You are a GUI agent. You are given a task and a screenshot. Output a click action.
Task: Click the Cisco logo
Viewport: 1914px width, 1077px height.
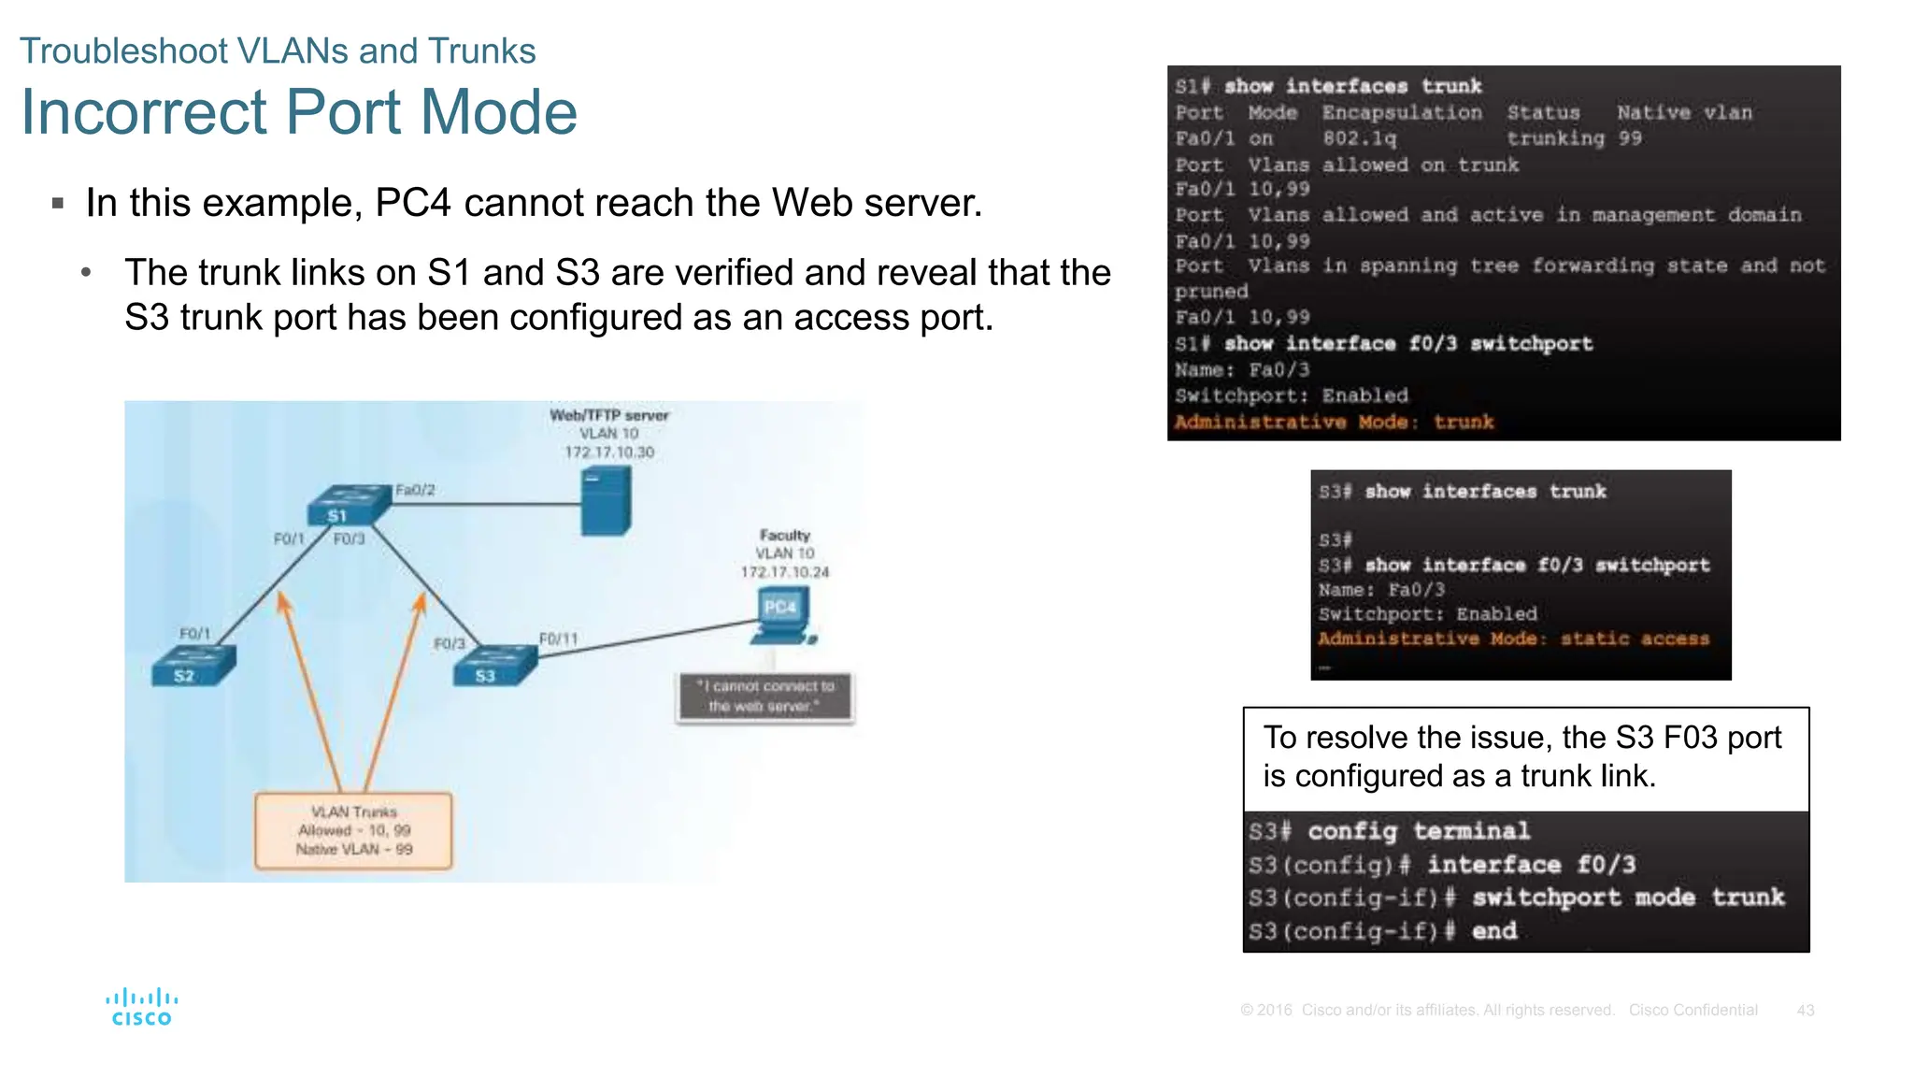141,1007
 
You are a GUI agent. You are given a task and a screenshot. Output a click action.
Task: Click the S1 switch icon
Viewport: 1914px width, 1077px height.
347,506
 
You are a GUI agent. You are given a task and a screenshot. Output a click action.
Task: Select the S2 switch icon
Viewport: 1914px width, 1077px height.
193,666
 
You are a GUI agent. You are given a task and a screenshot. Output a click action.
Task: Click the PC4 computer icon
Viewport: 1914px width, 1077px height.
781,617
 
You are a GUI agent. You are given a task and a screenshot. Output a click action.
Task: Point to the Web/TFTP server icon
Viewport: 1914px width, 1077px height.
606,501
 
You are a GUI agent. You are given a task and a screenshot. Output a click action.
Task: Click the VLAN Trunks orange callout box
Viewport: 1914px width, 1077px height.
353,830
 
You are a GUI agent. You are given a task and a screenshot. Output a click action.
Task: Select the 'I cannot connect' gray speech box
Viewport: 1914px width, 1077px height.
764,696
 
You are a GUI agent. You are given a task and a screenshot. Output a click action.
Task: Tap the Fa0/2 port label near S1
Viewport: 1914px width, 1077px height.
415,490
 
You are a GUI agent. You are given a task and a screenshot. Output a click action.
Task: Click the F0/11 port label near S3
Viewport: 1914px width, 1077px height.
558,639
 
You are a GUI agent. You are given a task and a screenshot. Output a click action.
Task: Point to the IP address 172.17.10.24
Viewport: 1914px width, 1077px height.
784,572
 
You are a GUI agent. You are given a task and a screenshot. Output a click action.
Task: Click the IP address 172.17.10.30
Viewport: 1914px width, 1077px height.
608,452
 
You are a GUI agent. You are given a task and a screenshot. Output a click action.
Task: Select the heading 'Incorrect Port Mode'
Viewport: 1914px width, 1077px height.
299,112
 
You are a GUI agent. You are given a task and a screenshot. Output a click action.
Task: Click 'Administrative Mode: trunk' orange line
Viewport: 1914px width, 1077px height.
1334,423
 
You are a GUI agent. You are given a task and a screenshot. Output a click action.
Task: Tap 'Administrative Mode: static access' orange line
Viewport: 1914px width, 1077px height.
1513,639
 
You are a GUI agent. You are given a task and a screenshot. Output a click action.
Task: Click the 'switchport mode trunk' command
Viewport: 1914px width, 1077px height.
1627,897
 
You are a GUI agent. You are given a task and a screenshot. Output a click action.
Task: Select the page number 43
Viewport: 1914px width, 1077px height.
1805,1011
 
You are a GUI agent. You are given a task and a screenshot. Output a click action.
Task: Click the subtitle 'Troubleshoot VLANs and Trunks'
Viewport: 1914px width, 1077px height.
278,51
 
